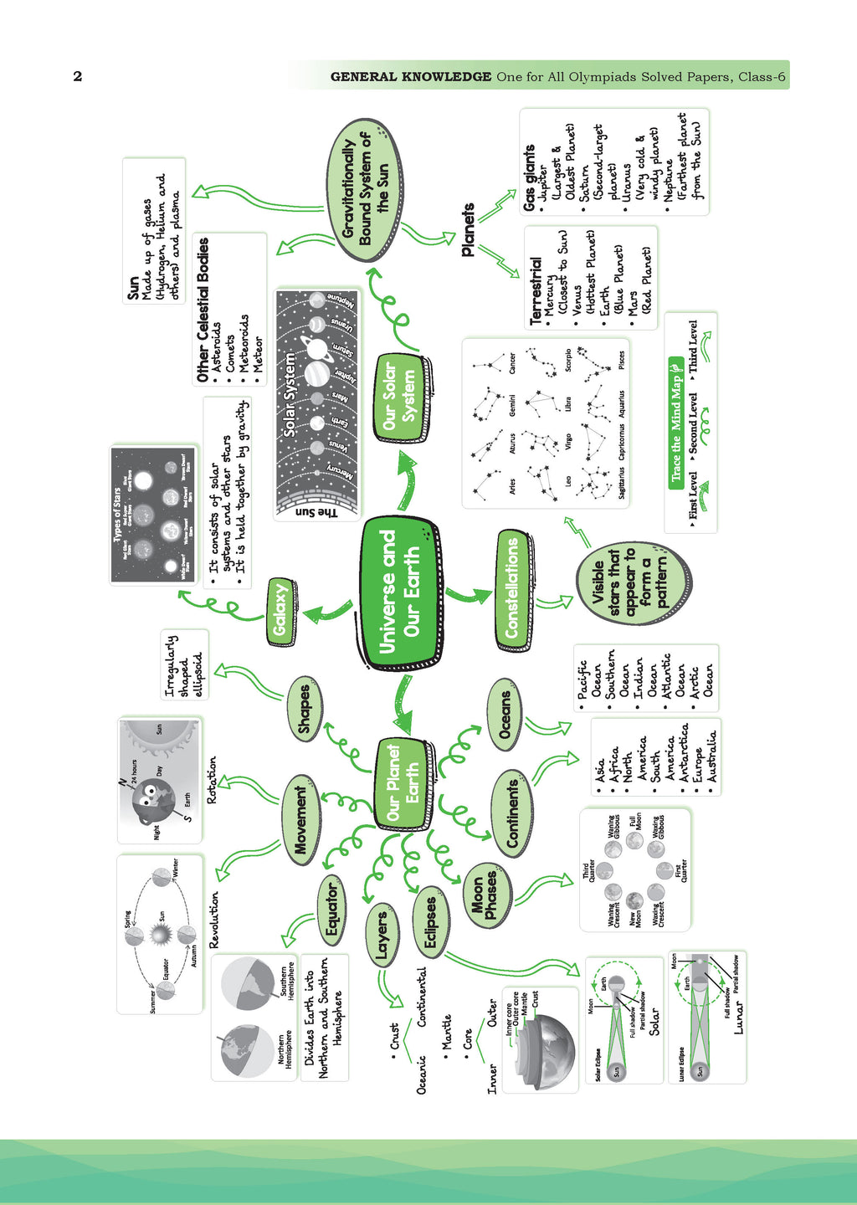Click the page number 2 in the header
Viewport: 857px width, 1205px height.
point(78,76)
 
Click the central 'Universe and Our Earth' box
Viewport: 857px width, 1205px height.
point(400,593)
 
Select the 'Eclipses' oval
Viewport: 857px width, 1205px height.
point(430,923)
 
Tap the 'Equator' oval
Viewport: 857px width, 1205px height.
point(332,907)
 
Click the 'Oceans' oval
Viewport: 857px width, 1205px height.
point(505,715)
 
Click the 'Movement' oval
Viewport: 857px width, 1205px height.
point(300,821)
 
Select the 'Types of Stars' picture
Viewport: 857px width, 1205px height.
point(154,515)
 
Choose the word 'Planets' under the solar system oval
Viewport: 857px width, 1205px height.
point(469,229)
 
